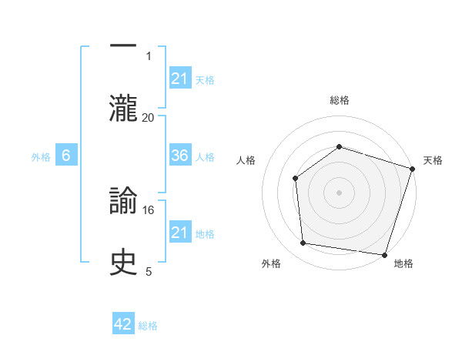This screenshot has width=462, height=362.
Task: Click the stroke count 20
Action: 149,117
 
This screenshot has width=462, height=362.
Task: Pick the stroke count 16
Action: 149,209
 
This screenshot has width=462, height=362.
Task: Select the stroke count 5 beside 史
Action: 149,271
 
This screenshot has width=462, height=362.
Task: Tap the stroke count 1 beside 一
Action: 149,55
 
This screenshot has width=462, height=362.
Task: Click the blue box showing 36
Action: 180,156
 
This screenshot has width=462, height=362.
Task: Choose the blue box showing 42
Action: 123,324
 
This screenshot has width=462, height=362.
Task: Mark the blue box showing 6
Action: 66,156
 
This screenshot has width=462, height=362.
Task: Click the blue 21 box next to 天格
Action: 180,78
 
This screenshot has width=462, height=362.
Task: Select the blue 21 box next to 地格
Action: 180,232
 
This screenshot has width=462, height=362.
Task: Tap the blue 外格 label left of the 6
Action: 41,156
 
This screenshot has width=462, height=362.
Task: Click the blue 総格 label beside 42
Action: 148,325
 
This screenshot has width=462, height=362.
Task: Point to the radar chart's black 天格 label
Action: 434,160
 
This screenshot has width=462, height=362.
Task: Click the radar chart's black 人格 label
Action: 246,160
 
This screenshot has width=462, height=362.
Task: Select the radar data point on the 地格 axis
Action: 383,254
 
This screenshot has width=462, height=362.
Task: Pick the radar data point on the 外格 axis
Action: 303,243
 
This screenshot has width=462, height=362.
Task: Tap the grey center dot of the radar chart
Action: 339,192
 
